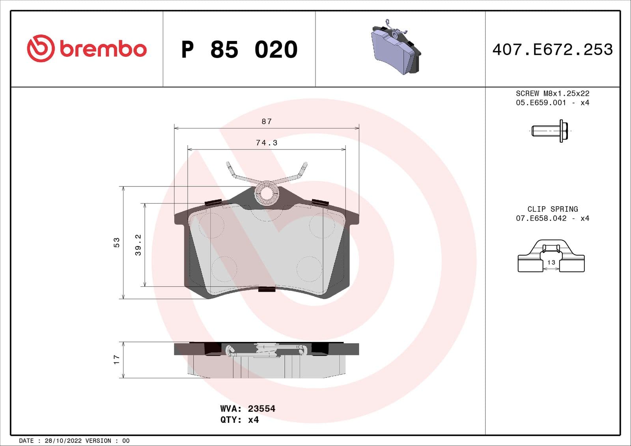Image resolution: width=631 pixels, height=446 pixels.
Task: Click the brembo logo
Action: coord(87,49)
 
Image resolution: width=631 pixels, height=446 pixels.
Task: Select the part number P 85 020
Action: coord(239,50)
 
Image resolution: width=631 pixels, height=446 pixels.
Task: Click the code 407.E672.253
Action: coord(553,50)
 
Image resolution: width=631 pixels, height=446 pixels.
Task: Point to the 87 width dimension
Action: coord(267,121)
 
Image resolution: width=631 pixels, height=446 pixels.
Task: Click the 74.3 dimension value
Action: coord(267,143)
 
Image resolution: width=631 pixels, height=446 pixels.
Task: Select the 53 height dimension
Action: coord(116,242)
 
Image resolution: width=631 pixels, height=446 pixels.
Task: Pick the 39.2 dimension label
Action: coord(138,245)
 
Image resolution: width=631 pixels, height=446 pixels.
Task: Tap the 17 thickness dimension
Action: coord(116,359)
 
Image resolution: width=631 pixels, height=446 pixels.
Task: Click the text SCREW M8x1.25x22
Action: coord(553,93)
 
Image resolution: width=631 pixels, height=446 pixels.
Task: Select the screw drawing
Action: coord(550,131)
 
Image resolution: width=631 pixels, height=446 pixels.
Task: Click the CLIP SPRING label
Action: coord(553,209)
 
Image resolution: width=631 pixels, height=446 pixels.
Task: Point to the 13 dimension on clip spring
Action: coord(551,262)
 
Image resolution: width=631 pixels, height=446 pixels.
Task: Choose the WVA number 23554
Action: coord(261,409)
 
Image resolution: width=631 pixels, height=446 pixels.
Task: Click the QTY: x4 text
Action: coord(239,420)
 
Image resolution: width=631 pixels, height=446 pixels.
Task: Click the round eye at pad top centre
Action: coord(267,193)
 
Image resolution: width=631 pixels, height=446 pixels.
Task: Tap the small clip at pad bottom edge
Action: coord(267,289)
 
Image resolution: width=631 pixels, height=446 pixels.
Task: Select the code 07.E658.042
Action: coord(541,218)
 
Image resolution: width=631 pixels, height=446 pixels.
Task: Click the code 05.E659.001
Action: coord(541,103)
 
